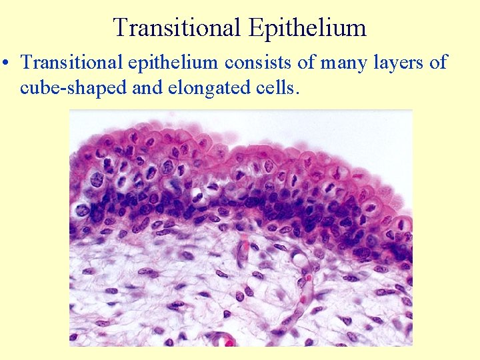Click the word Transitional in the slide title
pyautogui.click(x=178, y=28)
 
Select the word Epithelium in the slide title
pyautogui.click(x=308, y=28)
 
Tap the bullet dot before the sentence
pyautogui.click(x=6, y=64)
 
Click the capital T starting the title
pyautogui.click(x=121, y=28)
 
